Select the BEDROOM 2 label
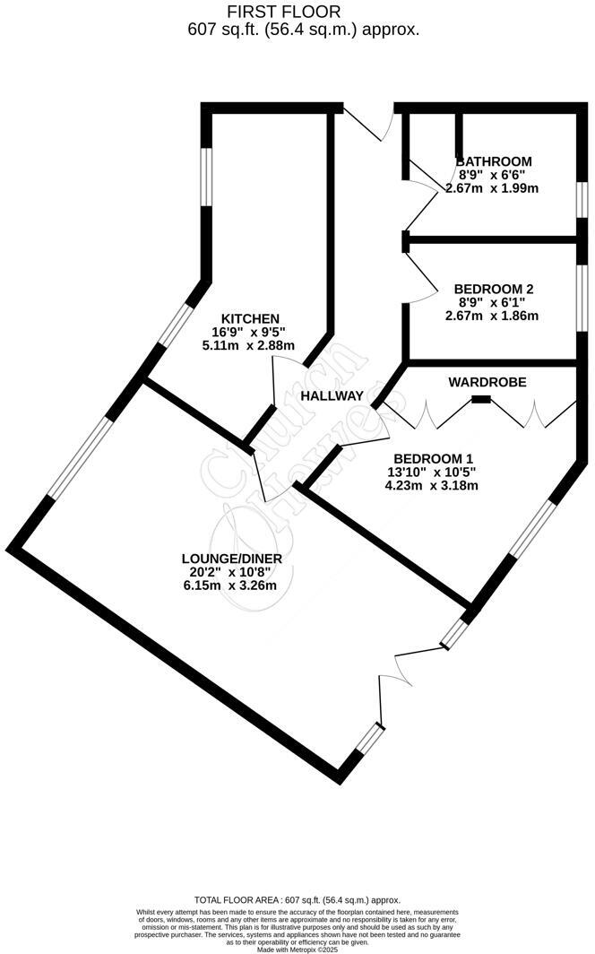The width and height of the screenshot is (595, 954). point(494,289)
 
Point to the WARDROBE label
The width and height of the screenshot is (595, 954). point(487,382)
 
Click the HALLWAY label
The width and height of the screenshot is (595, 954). point(332,395)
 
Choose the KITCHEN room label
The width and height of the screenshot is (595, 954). point(251,318)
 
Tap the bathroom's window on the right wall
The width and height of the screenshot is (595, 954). point(581,198)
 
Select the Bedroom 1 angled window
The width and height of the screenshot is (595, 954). point(532,529)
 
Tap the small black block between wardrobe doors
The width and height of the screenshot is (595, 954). point(481,398)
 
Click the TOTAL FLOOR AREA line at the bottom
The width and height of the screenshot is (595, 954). point(297,899)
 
